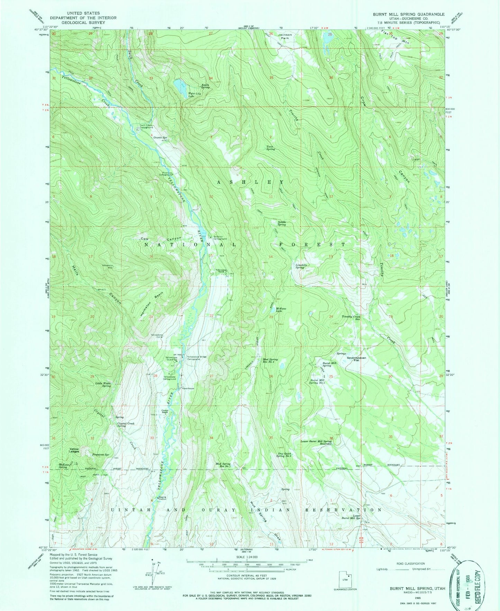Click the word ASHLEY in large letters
(251, 182)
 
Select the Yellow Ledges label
(74, 450)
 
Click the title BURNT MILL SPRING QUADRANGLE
(408, 14)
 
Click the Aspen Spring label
(206, 86)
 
